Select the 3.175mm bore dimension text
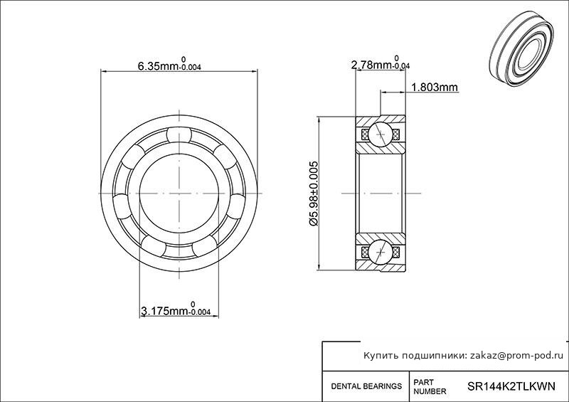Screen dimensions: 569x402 tap(175, 309)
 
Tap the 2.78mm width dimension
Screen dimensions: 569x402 tap(381, 63)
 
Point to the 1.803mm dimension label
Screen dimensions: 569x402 tap(435, 87)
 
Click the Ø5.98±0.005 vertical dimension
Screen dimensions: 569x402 tap(314, 194)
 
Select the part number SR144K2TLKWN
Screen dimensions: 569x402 tap(511, 386)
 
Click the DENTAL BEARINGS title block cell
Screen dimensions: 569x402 tap(366, 386)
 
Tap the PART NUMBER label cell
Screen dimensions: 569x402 tap(430, 387)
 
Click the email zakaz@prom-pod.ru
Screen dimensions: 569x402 tap(517, 356)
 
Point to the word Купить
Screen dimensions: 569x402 tap(381, 356)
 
